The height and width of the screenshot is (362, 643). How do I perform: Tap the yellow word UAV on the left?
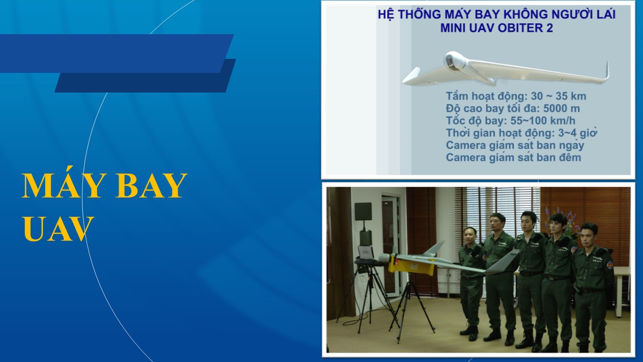click(58, 229)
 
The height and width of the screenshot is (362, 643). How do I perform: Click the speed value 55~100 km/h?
click(543, 121)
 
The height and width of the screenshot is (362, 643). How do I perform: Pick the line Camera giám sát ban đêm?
click(513, 157)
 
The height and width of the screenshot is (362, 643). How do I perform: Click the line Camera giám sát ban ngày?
click(515, 146)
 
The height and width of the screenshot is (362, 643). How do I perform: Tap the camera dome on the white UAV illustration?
click(453, 61)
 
